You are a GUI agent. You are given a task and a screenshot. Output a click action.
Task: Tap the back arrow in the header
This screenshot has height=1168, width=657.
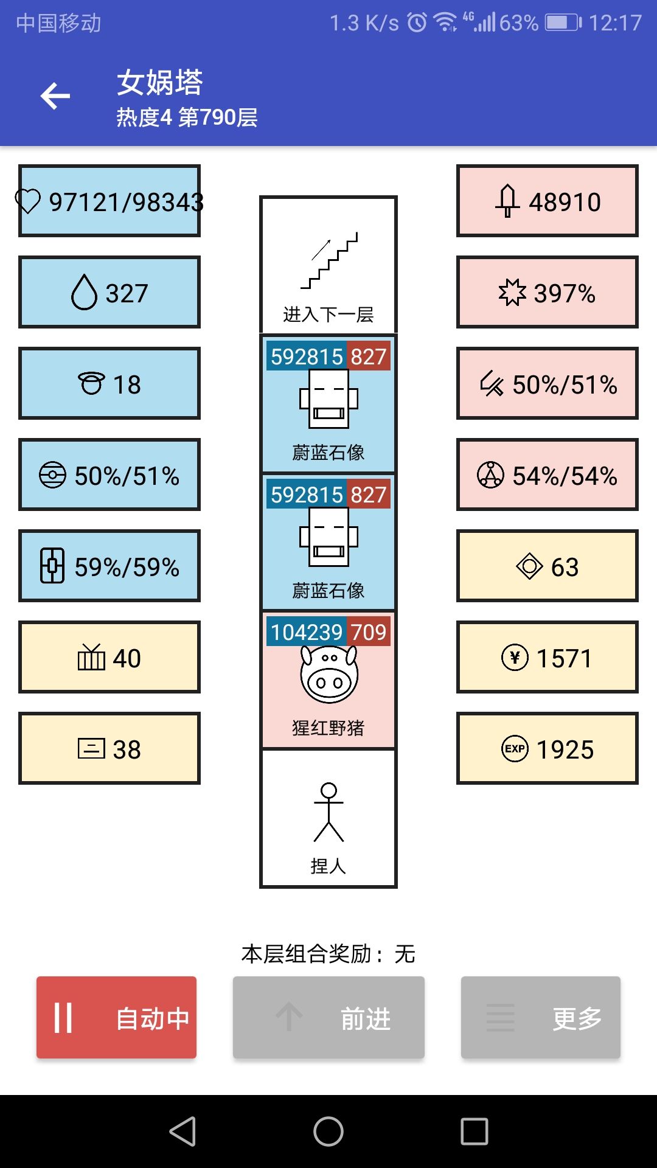point(55,96)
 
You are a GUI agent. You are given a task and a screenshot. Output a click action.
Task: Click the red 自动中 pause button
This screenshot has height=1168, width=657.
point(116,1017)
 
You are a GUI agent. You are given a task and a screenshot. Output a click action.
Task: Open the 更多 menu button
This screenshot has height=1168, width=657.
point(541,1017)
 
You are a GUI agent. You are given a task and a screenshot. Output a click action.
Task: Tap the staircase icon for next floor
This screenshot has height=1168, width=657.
point(329,260)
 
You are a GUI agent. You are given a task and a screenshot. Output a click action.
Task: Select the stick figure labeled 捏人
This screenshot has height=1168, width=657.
point(328,812)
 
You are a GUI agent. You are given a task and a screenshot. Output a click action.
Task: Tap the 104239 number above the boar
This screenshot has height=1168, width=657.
point(307,632)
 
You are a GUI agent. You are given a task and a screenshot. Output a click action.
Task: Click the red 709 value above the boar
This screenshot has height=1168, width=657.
point(369,632)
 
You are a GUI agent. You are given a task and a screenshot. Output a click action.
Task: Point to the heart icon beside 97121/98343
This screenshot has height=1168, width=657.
point(28,201)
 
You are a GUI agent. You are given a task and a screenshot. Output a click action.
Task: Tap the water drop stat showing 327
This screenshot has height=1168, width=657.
point(109,292)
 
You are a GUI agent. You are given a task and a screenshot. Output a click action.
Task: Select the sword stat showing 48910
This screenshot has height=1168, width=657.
point(547,201)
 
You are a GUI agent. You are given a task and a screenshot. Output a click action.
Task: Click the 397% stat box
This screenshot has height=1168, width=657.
point(547,292)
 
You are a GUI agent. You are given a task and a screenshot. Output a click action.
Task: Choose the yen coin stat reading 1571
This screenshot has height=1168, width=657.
point(547,657)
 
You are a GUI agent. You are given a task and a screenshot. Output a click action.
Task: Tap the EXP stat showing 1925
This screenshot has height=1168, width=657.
point(547,748)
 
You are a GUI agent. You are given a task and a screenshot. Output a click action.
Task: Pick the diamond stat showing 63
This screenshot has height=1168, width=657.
point(547,566)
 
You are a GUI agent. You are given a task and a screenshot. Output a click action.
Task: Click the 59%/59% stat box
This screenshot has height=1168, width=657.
point(109,566)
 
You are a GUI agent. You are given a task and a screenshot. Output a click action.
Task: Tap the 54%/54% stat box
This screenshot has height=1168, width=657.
point(547,474)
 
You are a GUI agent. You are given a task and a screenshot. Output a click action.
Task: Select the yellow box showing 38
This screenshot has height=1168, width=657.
point(109,748)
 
